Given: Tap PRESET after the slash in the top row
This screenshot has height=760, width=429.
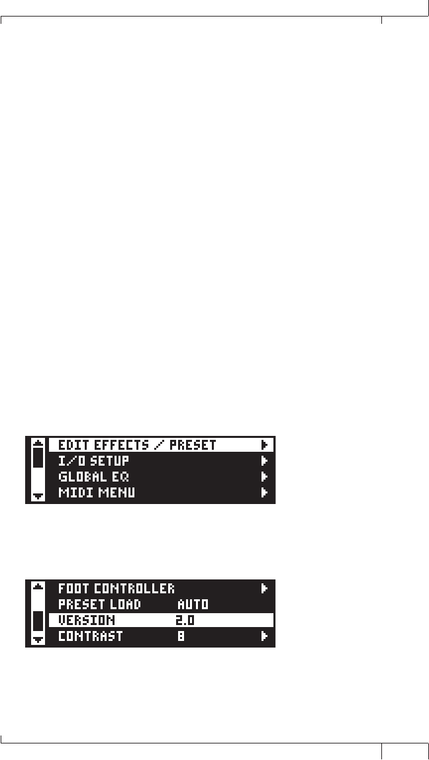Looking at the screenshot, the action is click(x=193, y=445).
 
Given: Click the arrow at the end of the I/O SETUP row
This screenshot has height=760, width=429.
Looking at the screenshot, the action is click(x=264, y=461).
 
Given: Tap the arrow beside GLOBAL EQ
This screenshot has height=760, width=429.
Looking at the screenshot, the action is click(x=264, y=477).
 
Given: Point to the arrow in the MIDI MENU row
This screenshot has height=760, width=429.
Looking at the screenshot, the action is click(x=264, y=493).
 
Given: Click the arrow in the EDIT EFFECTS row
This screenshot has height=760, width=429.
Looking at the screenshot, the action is click(x=264, y=445).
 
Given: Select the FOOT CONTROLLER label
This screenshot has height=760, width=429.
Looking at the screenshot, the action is click(x=117, y=588).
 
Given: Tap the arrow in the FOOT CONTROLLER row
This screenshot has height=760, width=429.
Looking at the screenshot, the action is click(x=264, y=588).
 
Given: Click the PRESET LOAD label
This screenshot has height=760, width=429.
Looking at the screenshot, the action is click(x=99, y=604).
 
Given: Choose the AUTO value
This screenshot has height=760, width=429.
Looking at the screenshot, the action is click(x=193, y=604).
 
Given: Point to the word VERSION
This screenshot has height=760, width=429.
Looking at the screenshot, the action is click(x=87, y=620).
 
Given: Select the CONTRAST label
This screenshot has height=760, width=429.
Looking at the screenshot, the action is click(x=90, y=637).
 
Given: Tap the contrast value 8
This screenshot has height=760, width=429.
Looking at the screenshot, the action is click(x=181, y=637).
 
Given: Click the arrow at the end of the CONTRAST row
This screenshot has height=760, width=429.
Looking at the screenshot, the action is click(x=264, y=637).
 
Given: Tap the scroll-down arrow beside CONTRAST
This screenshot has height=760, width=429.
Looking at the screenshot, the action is click(x=38, y=640).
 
